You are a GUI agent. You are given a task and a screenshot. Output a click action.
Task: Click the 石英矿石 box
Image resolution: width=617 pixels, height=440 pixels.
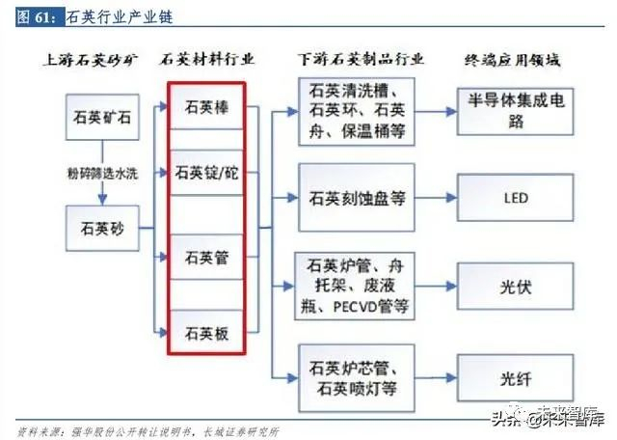pyautogui.click(x=100, y=120)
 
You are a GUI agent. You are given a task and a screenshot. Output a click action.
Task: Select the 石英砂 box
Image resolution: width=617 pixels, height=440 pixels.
pyautogui.click(x=100, y=231)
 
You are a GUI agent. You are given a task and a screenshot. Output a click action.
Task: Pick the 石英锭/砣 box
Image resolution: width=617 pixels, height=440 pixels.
pyautogui.click(x=205, y=175)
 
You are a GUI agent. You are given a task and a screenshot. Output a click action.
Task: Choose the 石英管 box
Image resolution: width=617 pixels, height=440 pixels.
pyautogui.click(x=205, y=258)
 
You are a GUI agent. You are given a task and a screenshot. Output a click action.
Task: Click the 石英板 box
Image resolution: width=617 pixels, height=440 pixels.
pyautogui.click(x=205, y=334)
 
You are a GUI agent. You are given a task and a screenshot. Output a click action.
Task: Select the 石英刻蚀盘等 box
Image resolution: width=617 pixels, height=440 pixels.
pyautogui.click(x=358, y=200)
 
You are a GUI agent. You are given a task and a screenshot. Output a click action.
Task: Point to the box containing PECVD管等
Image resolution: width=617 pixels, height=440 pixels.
pyautogui.click(x=358, y=287)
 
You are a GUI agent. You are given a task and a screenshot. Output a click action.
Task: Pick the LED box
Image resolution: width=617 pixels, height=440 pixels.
pyautogui.click(x=516, y=200)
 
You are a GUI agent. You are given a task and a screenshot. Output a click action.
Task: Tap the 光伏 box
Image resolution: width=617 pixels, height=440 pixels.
pyautogui.click(x=516, y=287)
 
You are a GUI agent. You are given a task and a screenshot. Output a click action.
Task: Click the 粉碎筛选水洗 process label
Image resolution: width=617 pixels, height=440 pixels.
pyautogui.click(x=100, y=175)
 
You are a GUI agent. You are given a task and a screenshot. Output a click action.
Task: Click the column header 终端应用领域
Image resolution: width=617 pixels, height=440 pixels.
pyautogui.click(x=516, y=60)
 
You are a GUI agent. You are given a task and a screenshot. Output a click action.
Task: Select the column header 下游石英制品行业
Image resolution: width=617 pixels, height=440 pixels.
pyautogui.click(x=358, y=60)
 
